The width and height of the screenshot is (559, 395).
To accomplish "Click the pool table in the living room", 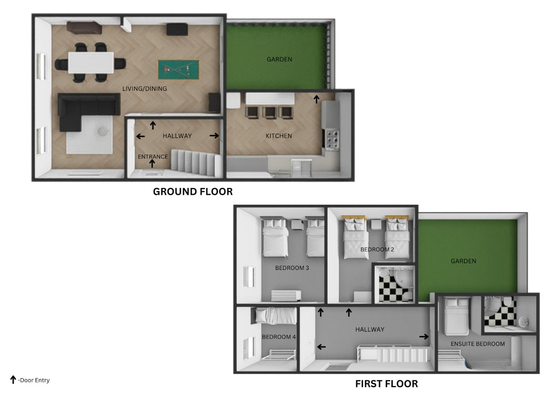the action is coord(178,69).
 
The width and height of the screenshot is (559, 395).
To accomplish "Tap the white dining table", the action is coord(91,63).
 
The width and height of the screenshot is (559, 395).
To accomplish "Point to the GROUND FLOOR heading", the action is coord(193,192).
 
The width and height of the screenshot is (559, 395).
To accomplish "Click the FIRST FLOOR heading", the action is coord(386,384).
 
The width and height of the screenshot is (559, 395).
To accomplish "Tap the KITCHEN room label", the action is coord(279,136).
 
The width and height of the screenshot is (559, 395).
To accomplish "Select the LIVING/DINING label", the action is coord(145,89).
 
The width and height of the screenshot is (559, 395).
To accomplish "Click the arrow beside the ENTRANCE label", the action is coord(152,163).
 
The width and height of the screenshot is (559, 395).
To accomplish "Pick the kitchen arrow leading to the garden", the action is coord(316,99).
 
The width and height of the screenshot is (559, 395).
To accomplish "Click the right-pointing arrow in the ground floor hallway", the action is coord(214,136).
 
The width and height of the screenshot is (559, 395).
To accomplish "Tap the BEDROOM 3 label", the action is coord(292,268).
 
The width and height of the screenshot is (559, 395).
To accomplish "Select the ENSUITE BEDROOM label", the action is coord(478,344).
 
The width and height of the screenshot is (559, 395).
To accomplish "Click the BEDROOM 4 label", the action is coord(279,337).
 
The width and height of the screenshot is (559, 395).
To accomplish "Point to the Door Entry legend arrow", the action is coord(13,380).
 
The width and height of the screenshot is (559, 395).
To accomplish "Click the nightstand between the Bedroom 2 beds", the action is coord(376,225).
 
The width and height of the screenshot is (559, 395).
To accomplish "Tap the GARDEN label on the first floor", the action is coord(463,261).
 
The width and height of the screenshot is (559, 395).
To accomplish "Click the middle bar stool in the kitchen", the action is coord(270,113).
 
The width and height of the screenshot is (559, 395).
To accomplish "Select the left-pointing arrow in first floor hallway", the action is coord(321,347).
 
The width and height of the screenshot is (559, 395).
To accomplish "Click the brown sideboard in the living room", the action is coord(84,27).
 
